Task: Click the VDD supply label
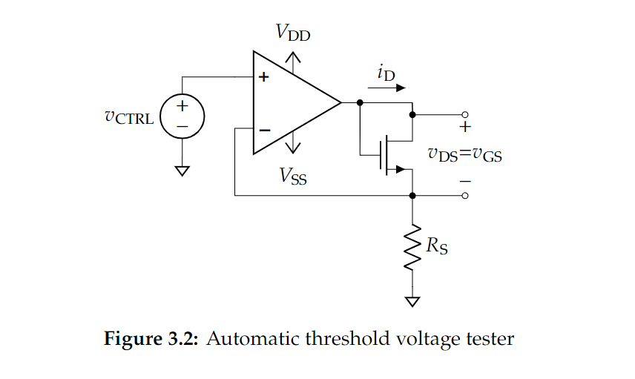(x=293, y=33)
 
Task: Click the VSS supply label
(x=293, y=176)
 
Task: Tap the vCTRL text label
(x=130, y=118)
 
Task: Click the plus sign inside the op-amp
(x=263, y=77)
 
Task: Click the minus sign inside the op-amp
(x=264, y=130)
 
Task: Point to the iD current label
(x=386, y=72)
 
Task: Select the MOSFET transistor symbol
(x=387, y=155)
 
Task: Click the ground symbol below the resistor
(x=412, y=301)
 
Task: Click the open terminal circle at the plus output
(x=465, y=115)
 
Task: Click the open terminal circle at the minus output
(x=465, y=196)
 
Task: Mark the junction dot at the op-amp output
(x=360, y=102)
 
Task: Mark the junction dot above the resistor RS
(x=412, y=196)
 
